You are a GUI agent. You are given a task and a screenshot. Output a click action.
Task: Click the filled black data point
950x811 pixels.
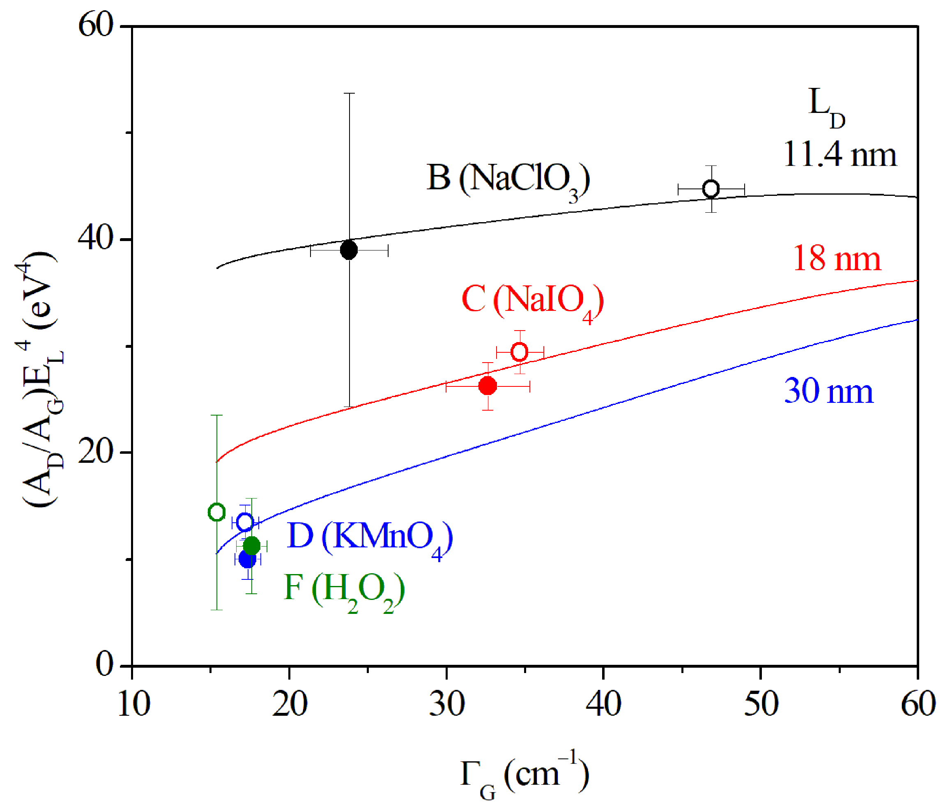349,250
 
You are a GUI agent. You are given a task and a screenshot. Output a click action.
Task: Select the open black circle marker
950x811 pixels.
711,189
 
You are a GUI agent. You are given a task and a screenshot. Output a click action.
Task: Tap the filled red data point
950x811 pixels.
488,386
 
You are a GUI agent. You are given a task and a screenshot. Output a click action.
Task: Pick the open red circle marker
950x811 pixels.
519,352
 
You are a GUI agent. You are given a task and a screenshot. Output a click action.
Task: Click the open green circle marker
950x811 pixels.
216,512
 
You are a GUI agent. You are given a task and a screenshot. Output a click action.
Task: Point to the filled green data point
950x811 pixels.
252,546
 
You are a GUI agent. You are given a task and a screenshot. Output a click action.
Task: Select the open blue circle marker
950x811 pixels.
245,522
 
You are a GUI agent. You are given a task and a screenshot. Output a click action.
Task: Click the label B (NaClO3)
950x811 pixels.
508,179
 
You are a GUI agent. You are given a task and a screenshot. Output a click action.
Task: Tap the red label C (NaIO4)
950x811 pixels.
532,300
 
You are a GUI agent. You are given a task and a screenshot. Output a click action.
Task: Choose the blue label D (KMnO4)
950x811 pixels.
370,537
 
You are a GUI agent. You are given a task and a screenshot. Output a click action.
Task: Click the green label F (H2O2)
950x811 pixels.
344,589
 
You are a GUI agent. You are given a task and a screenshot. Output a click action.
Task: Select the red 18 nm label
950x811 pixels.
837,259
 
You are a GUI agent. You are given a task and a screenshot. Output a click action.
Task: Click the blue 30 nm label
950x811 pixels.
828,391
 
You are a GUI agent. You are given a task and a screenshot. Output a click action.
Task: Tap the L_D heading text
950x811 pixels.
826,106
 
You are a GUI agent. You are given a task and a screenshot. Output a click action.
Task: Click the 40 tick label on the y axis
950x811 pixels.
95,239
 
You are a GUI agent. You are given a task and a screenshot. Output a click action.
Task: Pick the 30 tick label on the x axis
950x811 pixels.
446,704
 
